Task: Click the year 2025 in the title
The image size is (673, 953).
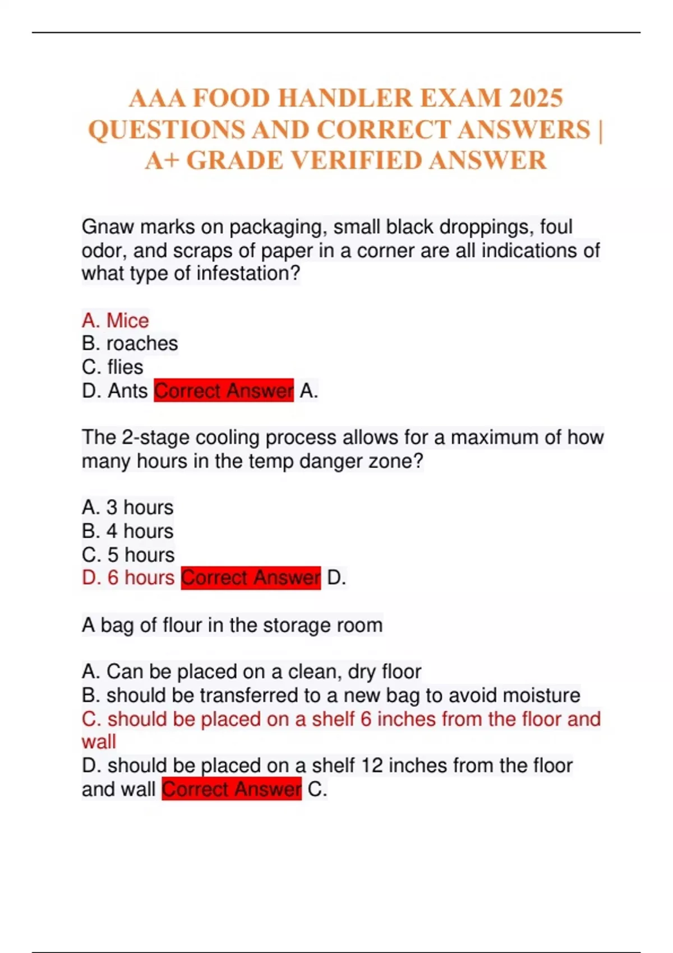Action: click(536, 99)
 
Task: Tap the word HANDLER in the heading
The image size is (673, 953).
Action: click(345, 99)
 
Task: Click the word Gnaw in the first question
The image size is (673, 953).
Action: click(108, 227)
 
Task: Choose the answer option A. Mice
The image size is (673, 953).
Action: click(115, 321)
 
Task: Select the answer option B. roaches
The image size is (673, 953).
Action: click(130, 344)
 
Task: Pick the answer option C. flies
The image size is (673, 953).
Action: click(112, 367)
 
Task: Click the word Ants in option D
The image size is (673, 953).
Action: click(127, 391)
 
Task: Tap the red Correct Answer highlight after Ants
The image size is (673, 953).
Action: click(224, 391)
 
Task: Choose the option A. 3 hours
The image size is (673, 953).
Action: click(127, 507)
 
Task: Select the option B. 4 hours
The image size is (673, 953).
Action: click(127, 531)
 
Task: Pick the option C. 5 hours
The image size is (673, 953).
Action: click(128, 554)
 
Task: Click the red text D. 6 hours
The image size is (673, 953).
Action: click(128, 577)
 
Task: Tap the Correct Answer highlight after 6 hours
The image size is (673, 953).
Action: click(251, 577)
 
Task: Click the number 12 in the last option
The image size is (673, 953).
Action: click(371, 766)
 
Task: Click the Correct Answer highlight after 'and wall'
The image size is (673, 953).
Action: click(232, 789)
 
